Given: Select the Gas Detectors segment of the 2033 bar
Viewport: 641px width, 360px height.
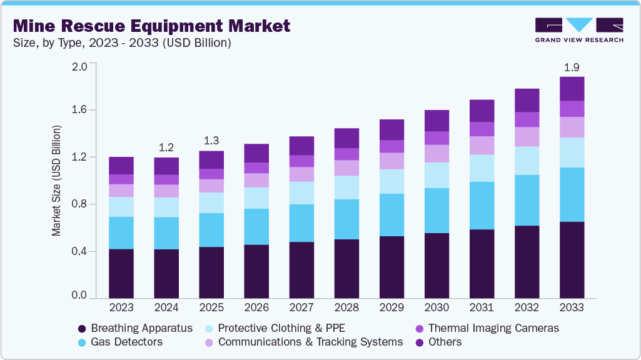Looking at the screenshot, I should [x=572, y=194].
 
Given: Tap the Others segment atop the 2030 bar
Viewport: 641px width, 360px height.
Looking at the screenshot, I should [x=437, y=121].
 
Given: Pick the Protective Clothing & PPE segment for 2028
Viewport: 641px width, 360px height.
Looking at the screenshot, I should [x=346, y=187].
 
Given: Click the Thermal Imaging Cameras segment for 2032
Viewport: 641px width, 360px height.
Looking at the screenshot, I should [x=527, y=119].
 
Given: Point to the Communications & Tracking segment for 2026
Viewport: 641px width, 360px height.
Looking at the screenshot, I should [x=256, y=180].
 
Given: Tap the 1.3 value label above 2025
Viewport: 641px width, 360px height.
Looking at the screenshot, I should [x=211, y=140].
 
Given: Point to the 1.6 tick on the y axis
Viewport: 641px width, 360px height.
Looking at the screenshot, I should [x=82, y=110].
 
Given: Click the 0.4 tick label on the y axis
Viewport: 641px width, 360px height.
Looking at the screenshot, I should [x=82, y=251].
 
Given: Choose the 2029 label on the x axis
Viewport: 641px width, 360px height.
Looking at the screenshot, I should [x=391, y=307].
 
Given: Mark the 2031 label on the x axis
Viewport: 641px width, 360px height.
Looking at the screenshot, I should [x=482, y=307].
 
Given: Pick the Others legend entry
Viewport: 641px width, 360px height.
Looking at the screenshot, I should [x=445, y=342].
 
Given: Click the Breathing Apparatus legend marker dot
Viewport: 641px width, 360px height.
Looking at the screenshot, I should [x=82, y=328].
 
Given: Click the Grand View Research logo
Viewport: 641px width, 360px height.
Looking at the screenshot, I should [x=579, y=30].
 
